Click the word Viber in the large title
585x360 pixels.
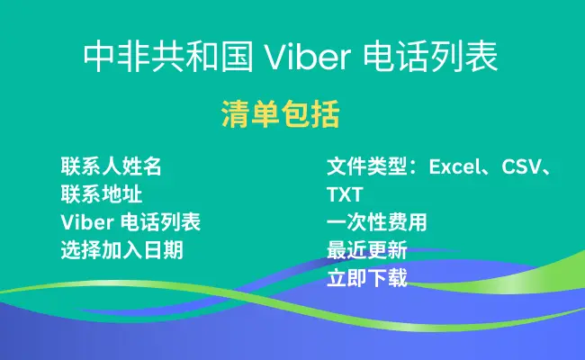point(308,57)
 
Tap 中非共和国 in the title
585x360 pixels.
point(168,57)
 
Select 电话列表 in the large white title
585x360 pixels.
point(430,57)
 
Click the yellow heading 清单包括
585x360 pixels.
point(281,113)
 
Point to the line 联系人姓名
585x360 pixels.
point(112,166)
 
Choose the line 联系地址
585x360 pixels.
point(102,194)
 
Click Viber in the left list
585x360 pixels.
point(87,222)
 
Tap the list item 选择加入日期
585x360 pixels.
point(122,250)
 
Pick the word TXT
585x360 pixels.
point(345,194)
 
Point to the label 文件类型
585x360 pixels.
point(367,166)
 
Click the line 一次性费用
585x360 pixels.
point(377,222)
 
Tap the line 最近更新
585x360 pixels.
point(367,250)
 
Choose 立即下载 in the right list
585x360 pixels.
point(367,278)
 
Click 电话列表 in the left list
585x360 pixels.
point(161,222)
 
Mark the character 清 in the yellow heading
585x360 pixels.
point(236,113)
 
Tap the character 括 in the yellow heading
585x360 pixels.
point(325,113)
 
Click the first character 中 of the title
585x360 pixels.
point(98,57)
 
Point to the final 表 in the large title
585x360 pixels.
point(481,57)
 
